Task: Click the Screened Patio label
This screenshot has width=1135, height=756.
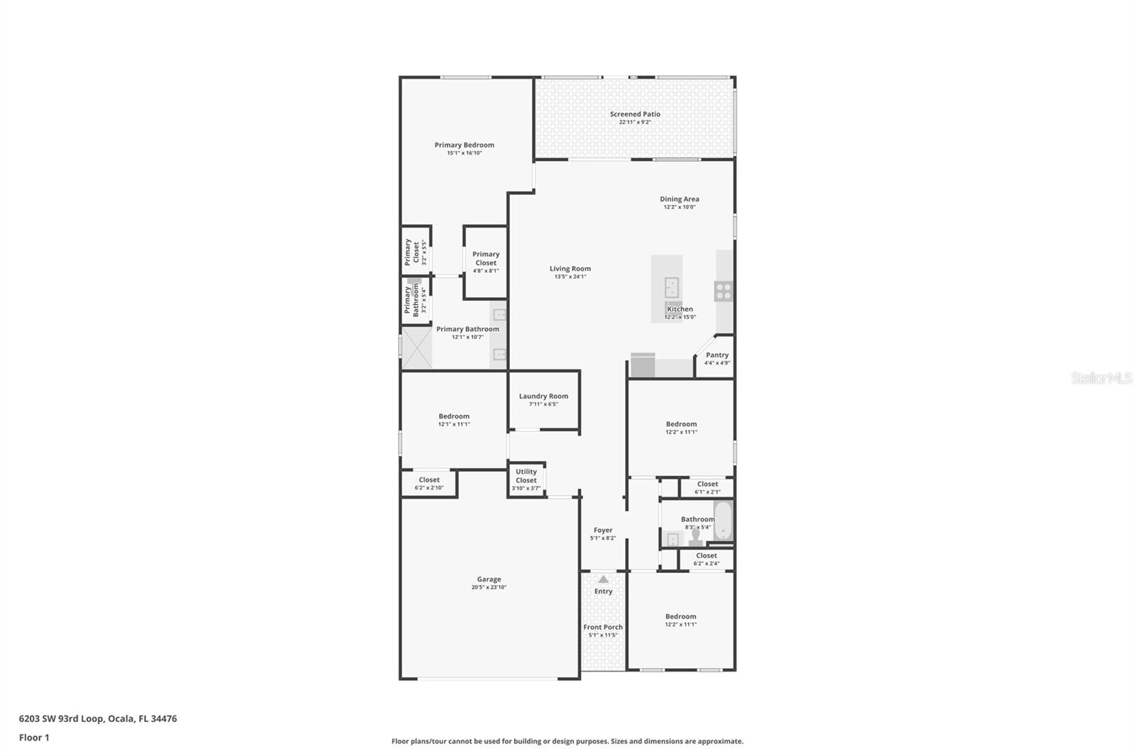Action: pyautogui.click(x=635, y=114)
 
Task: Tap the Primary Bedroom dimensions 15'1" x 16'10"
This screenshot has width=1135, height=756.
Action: pyautogui.click(x=464, y=153)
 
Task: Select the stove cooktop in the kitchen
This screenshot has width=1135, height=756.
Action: pyautogui.click(x=723, y=291)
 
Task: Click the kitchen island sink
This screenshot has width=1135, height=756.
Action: pyautogui.click(x=672, y=287)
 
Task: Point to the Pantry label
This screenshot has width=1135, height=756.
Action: pyautogui.click(x=717, y=355)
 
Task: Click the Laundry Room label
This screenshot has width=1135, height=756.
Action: pyautogui.click(x=543, y=396)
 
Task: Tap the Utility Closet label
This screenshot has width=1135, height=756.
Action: pyautogui.click(x=526, y=476)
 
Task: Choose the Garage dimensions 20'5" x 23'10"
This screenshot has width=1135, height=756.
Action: pyautogui.click(x=489, y=587)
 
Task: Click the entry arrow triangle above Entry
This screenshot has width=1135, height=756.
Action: pyautogui.click(x=603, y=579)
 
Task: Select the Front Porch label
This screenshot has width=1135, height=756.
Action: pyautogui.click(x=603, y=627)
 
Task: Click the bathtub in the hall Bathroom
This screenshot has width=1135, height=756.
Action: pyautogui.click(x=723, y=521)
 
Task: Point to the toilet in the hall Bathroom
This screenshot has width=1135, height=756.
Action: pyautogui.click(x=695, y=536)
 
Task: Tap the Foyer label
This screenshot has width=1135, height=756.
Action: pyautogui.click(x=603, y=530)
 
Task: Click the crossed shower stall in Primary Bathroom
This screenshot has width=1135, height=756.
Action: pyautogui.click(x=416, y=348)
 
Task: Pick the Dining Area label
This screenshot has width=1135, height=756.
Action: pyautogui.click(x=680, y=199)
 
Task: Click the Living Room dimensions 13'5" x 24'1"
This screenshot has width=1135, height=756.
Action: pyautogui.click(x=570, y=277)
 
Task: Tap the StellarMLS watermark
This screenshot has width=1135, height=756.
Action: pyautogui.click(x=1101, y=379)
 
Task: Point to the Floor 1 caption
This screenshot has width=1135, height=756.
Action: pyautogui.click(x=34, y=738)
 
